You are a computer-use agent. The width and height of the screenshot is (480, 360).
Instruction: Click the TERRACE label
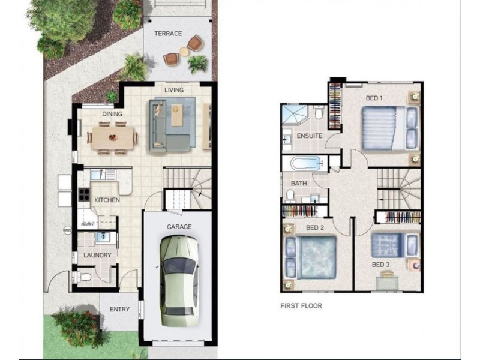point(168,34)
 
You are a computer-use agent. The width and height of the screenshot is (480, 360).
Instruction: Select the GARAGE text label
point(179,227)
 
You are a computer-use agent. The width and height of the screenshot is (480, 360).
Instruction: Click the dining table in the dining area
point(113,137)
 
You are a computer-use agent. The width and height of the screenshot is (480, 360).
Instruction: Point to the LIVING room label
point(174,90)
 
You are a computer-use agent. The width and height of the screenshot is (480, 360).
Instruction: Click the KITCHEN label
point(107,200)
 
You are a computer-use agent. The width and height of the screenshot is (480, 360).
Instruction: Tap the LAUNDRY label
point(97,255)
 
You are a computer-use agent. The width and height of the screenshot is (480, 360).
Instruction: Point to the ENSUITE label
point(310,136)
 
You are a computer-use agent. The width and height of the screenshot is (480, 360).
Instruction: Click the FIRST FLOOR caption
point(301,306)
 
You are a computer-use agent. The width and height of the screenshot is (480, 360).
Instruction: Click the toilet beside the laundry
point(85,277)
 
